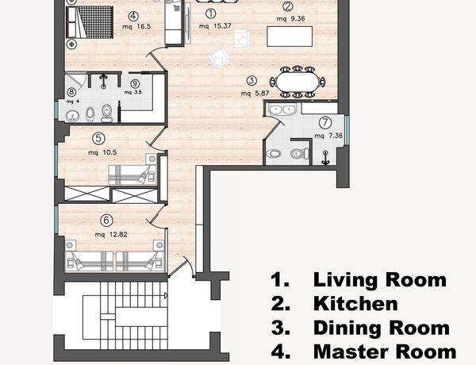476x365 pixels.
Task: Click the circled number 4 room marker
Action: click(133, 16)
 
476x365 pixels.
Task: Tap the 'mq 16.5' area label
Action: click(136, 26)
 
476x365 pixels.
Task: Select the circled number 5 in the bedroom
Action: click(98, 139)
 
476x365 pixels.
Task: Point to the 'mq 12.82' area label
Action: click(111, 234)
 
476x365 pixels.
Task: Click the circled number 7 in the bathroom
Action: click(325, 123)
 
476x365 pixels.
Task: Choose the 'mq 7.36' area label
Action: click(328, 136)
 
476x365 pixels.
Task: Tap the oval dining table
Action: click(297, 82)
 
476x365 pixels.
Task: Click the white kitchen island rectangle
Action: click(290, 36)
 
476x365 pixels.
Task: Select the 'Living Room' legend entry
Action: click(359, 279)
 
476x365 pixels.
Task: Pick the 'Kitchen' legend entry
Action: click(334, 303)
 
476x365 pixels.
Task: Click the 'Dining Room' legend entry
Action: click(360, 328)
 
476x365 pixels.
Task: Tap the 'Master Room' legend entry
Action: click(363, 352)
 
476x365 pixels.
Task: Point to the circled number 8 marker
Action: click(71, 91)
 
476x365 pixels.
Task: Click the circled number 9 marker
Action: click(135, 84)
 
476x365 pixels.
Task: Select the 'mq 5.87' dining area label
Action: click(255, 93)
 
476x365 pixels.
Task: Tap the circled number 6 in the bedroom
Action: click(106, 220)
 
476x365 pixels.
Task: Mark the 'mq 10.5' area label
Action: click(102, 152)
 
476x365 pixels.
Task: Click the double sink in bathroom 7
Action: click(282, 109)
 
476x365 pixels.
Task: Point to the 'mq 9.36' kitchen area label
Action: click(290, 19)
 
